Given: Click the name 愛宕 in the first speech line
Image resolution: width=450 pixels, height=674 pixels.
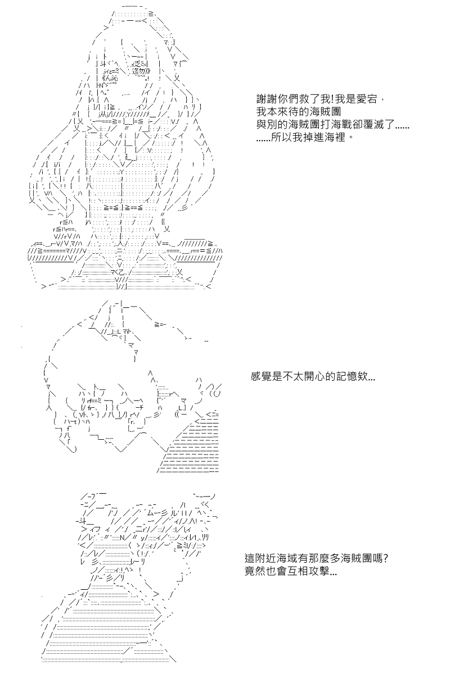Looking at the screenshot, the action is pyautogui.click(x=367, y=99).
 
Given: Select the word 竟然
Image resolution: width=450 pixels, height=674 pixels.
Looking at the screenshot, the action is pyautogui.click(x=255, y=571).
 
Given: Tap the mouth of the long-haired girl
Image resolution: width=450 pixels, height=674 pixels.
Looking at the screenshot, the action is pyautogui.click(x=126, y=95).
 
